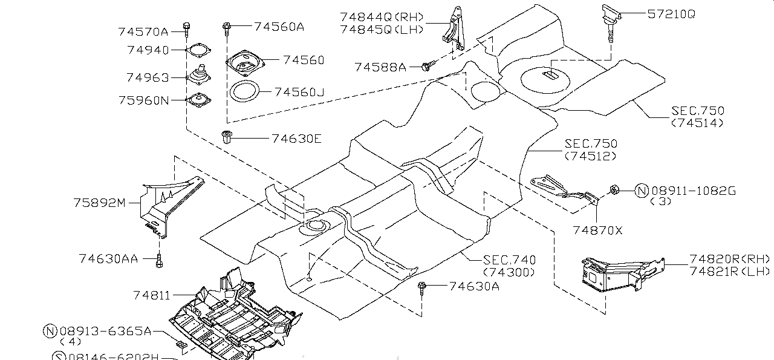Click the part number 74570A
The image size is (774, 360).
[143, 31]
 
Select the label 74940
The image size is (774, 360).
[148, 50]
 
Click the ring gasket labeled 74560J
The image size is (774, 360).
[245, 93]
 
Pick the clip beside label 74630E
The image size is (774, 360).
[228, 137]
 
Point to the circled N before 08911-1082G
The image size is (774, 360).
[641, 191]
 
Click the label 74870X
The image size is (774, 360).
[597, 231]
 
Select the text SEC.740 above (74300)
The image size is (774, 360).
[509, 260]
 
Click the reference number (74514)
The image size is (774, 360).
[697, 123]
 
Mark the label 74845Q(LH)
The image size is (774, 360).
[382, 29]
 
